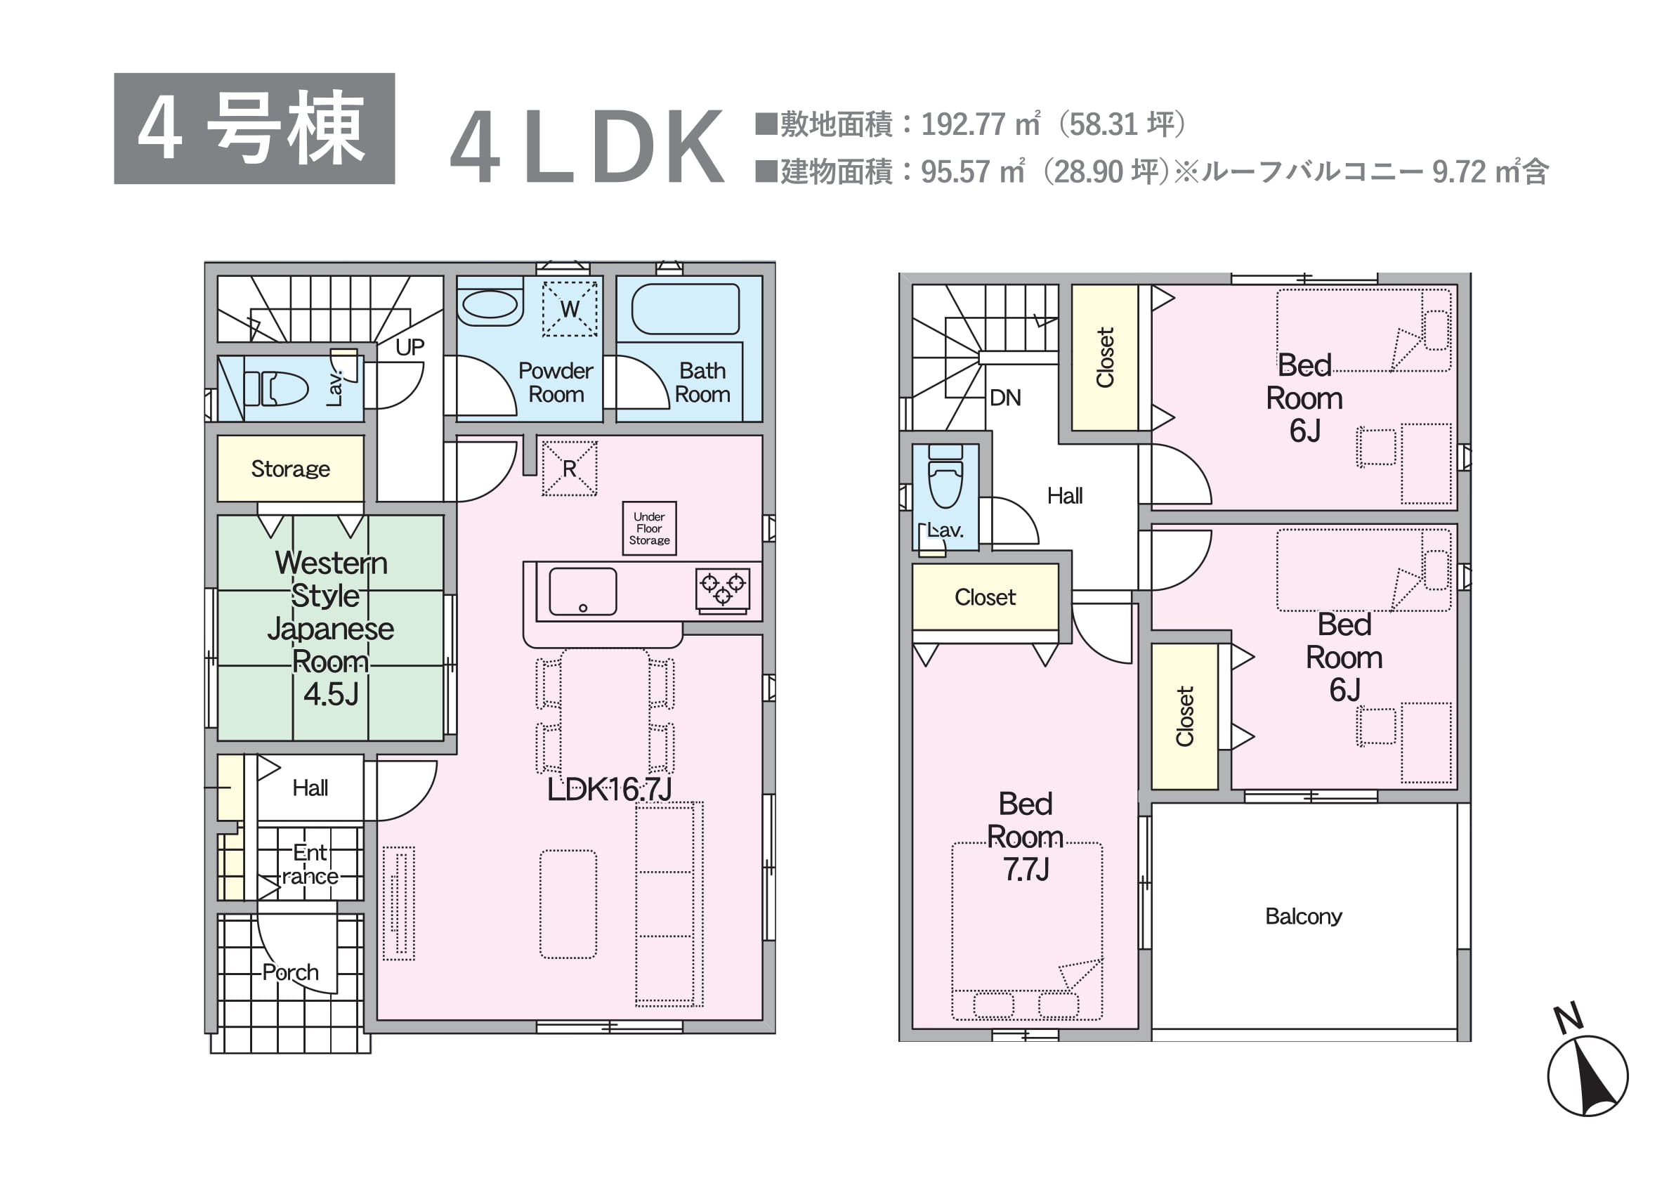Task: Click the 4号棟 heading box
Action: [254, 128]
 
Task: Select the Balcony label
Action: [1303, 916]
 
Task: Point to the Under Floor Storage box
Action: [649, 528]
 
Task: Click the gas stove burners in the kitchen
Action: [723, 589]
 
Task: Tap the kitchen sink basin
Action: [583, 591]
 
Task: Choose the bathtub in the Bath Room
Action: [685, 309]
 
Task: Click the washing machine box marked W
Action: [570, 308]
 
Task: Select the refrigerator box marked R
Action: [570, 468]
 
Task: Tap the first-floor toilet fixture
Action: [276, 388]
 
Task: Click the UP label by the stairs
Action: [410, 347]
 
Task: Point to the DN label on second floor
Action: [1005, 398]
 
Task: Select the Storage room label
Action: [291, 469]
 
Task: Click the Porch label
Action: [291, 972]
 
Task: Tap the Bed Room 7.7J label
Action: [1026, 837]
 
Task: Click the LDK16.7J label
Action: [609, 790]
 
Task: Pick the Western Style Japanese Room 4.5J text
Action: [331, 628]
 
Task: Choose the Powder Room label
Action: [556, 383]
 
